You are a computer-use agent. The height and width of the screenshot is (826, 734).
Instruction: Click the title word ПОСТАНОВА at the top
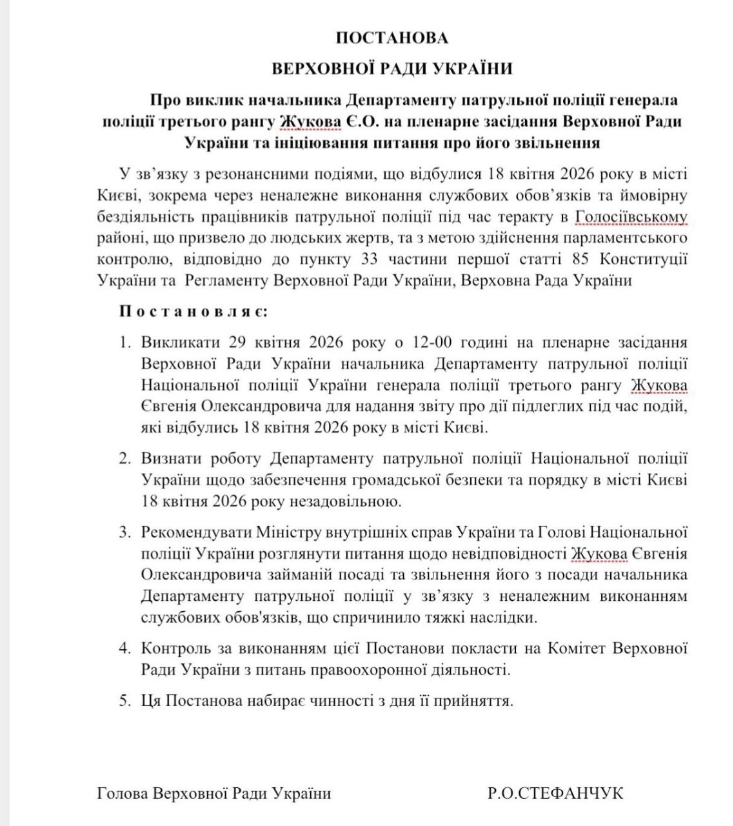(392, 38)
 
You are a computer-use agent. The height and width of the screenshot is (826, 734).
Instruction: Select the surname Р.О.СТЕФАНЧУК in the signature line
(555, 793)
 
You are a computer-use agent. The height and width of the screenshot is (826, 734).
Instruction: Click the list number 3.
(124, 532)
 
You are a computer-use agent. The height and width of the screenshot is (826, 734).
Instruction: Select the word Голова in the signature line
(122, 793)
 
